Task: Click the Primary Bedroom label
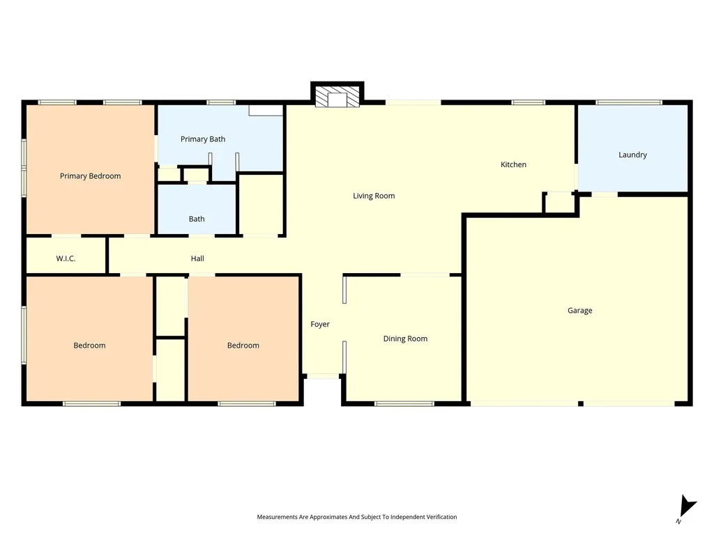tap(90, 176)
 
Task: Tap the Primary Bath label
tap(203, 139)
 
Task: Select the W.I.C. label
tap(66, 258)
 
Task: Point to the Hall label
tap(197, 258)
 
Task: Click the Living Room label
tap(374, 196)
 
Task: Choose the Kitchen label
tap(513, 164)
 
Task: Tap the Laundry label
tap(632, 155)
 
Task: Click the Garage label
tap(579, 311)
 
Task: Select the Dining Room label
tap(405, 339)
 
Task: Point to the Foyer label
tap(319, 325)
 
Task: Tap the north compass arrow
tap(687, 507)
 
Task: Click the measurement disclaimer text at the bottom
tap(356, 517)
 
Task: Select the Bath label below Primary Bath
tap(196, 219)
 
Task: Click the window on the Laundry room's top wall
tap(629, 102)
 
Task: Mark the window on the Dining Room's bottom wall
tap(404, 403)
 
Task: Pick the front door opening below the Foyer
tap(322, 376)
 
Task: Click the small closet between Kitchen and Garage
tap(560, 203)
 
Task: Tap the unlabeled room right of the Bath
tap(261, 204)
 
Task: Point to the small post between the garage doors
tap(581, 404)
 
